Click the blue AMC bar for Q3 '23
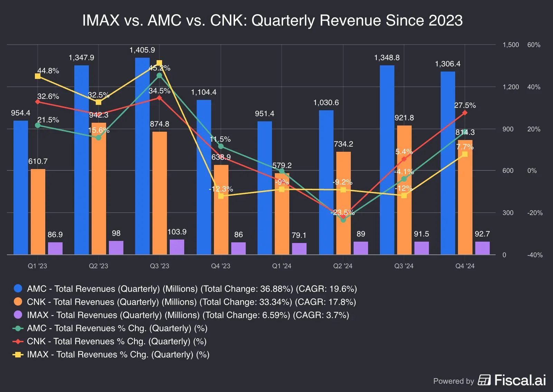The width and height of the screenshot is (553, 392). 142,156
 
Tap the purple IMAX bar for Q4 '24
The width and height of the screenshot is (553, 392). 482,248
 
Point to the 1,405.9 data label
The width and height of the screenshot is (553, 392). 142,50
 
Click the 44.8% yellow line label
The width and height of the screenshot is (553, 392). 48,71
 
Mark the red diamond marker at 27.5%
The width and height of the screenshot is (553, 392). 465,113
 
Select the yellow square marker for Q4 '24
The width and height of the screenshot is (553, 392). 465,154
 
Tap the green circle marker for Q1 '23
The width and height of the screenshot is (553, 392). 38,125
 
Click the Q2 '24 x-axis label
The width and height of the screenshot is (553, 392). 343,266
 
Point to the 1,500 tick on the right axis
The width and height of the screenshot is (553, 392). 510,45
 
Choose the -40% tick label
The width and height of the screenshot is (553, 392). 535,255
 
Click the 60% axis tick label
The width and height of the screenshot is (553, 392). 534,45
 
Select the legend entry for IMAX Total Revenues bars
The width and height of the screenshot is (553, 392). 188,315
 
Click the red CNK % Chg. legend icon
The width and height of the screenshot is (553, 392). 18,342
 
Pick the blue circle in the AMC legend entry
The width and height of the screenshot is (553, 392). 18,289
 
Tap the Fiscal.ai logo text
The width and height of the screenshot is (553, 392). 520,380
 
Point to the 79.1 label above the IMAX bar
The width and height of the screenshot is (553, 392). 299,235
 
